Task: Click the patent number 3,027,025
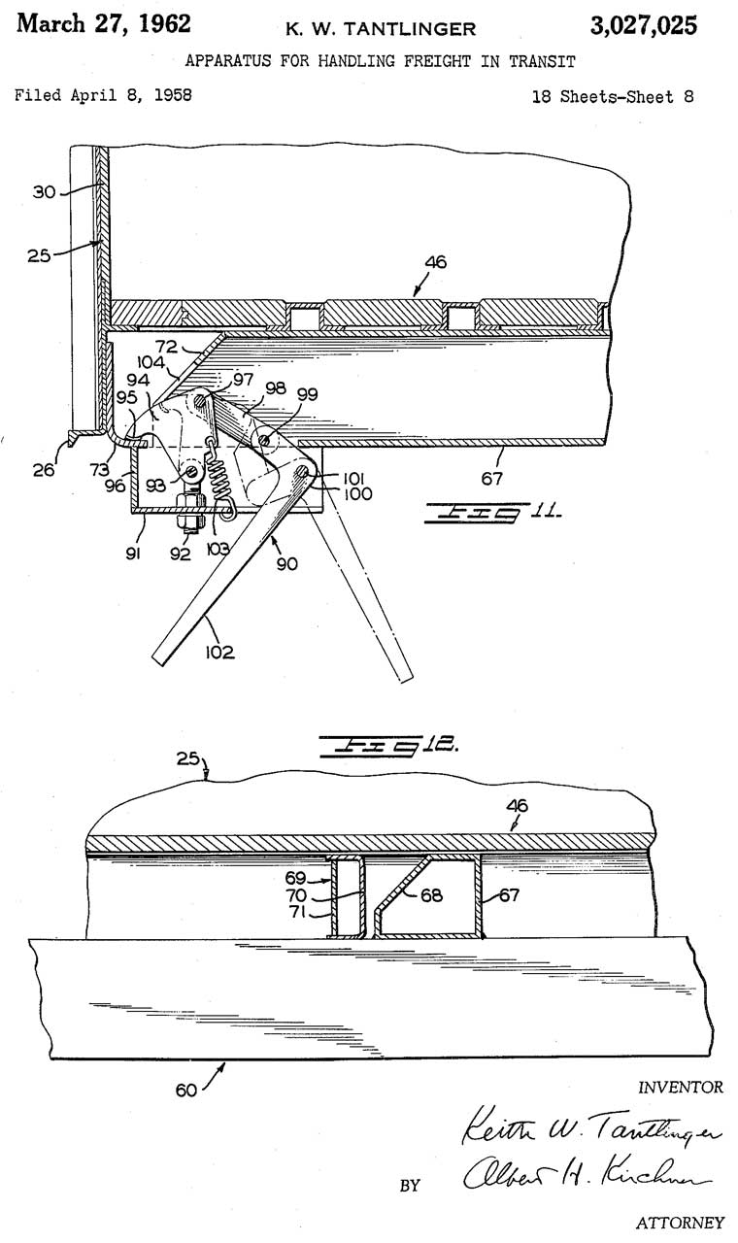tap(643, 25)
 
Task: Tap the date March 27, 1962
tap(104, 24)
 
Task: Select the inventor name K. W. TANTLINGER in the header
tap(381, 29)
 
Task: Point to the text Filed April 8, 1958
tap(103, 95)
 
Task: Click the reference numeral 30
tap(44, 192)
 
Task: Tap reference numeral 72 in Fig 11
tap(166, 347)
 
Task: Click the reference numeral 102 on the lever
tap(219, 652)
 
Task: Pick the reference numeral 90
tap(286, 564)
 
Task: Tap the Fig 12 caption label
tap(389, 745)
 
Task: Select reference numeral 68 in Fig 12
tap(431, 895)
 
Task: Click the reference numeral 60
tap(186, 1090)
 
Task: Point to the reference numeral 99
tap(308, 394)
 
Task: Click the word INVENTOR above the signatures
tap(681, 1087)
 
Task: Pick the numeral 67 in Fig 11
tap(491, 478)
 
